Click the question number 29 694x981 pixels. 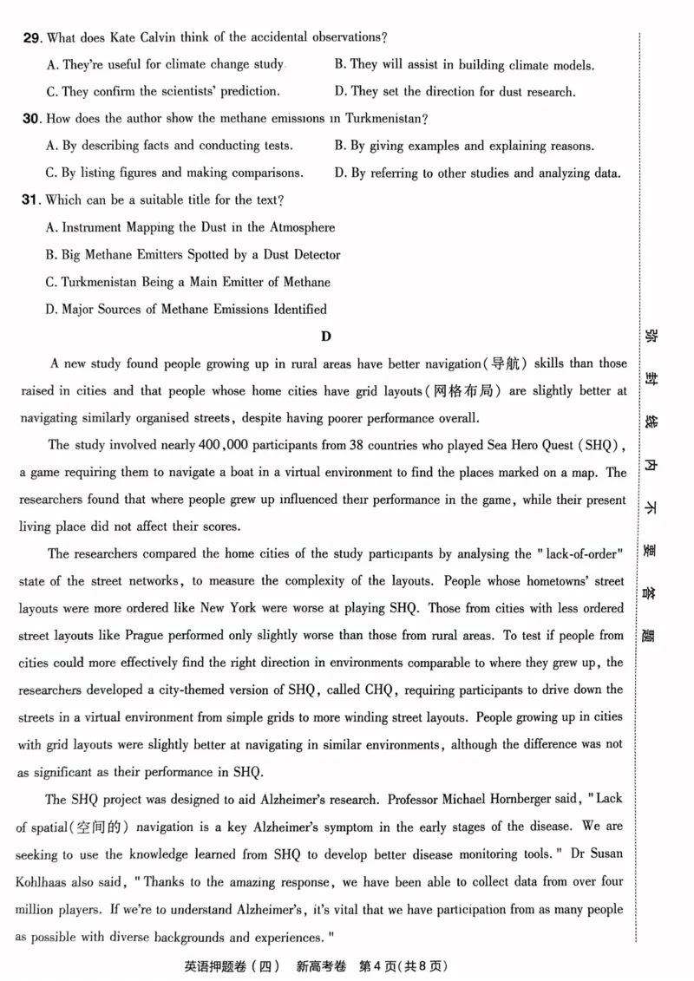pyautogui.click(x=32, y=37)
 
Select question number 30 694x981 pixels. pyautogui.click(x=32, y=118)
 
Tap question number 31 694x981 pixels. pyautogui.click(x=32, y=199)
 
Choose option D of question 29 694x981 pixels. pyautogui.click(x=455, y=91)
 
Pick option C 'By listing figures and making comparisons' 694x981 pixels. pyautogui.click(x=174, y=173)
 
